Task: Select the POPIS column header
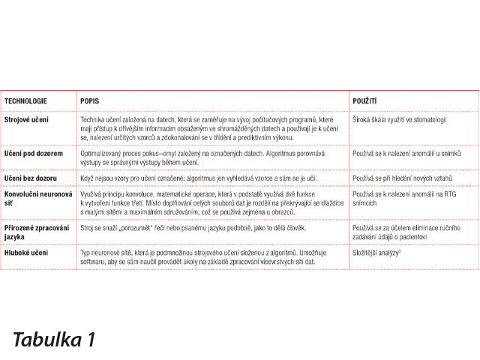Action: tap(90, 100)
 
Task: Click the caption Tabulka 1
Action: tap(54, 339)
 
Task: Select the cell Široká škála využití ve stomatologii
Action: tap(400, 119)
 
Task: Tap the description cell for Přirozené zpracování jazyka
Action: tap(193, 227)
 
